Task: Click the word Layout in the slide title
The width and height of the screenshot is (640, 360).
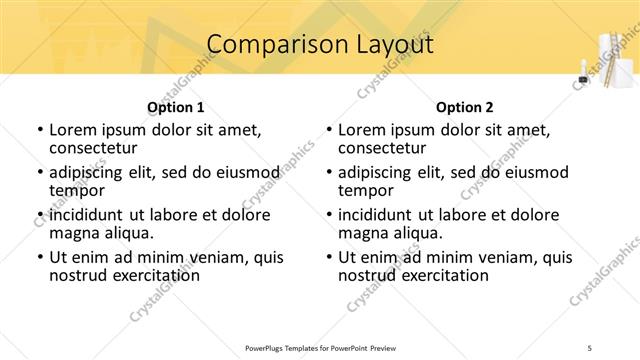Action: (393, 44)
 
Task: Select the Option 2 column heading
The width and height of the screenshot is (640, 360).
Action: (465, 107)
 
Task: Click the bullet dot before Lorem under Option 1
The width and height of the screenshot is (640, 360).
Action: (39, 130)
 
